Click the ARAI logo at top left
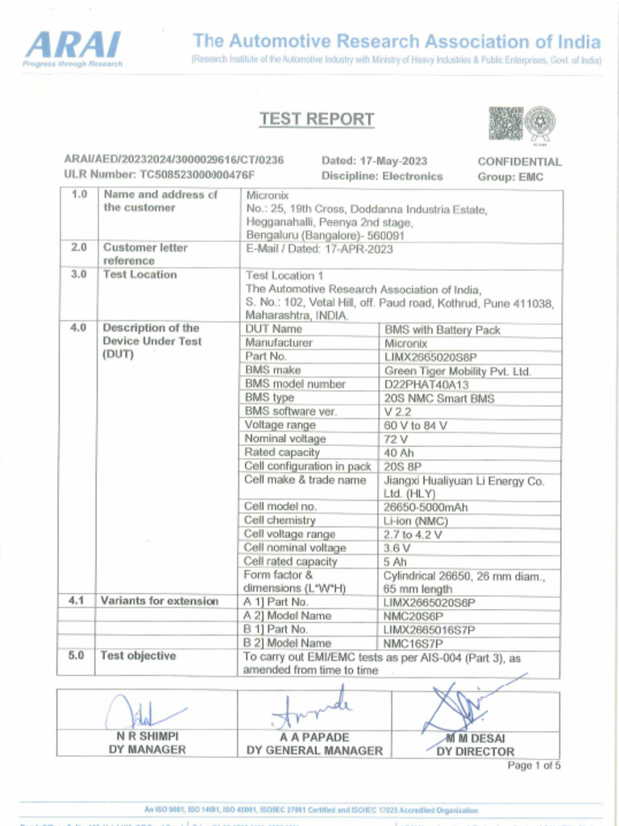73,46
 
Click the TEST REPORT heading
317,119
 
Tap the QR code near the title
505,123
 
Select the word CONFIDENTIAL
519,161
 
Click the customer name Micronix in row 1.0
262,195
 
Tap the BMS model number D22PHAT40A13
426,384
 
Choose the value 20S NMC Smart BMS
438,398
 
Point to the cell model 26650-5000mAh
426,507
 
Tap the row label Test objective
139,656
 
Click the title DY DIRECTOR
475,751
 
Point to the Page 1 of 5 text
534,766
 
